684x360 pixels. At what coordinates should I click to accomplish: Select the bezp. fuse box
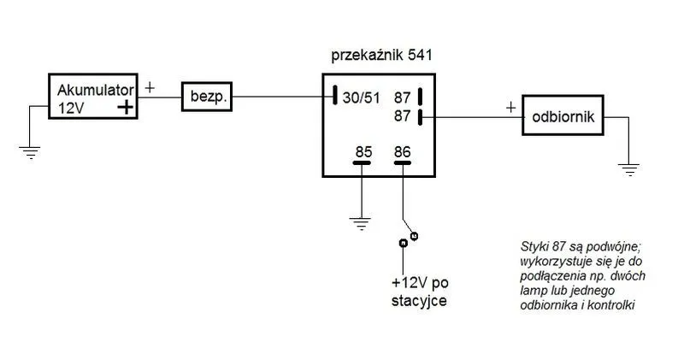click(x=206, y=97)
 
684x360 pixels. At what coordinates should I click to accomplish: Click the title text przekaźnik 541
click(x=380, y=56)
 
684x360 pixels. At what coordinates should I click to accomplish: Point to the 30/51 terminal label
click(x=362, y=97)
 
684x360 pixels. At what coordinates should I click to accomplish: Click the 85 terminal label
click(x=363, y=152)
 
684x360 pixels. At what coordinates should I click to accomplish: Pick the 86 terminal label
click(x=402, y=152)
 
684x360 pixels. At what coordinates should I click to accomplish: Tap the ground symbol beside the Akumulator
click(x=31, y=154)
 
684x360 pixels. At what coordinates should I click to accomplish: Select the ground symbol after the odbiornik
click(x=630, y=168)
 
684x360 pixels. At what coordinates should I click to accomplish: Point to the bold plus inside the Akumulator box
click(x=126, y=108)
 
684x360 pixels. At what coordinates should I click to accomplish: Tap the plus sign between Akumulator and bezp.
click(x=151, y=87)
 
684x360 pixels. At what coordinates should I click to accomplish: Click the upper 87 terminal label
click(x=403, y=97)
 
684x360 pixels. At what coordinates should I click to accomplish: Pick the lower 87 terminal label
click(x=403, y=115)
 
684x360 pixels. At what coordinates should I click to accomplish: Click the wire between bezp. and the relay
click(x=282, y=97)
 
